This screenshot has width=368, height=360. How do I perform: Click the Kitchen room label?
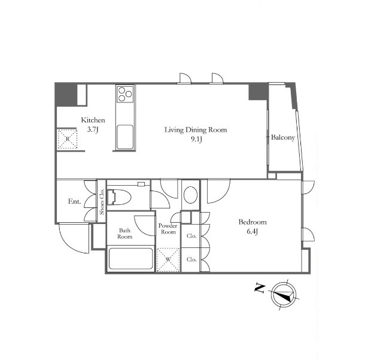[93, 120]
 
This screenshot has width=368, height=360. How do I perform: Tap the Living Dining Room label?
[196, 130]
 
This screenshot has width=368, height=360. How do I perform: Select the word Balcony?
[283, 137]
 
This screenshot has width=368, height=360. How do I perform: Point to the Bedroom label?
[253, 222]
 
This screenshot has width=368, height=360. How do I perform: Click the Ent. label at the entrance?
[74, 201]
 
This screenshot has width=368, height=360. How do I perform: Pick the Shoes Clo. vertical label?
[102, 202]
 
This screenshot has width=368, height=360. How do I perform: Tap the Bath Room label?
[125, 234]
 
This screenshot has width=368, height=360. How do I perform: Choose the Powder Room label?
[168, 229]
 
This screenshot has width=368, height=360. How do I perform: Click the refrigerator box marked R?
[68, 138]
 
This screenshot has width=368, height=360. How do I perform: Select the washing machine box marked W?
[168, 259]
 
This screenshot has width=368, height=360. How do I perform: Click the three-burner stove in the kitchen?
[125, 94]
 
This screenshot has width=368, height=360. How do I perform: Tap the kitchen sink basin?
[125, 137]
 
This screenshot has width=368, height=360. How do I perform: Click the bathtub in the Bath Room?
[131, 259]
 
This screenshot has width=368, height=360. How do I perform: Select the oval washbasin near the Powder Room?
[190, 195]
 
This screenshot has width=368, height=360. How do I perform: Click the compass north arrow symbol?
[284, 295]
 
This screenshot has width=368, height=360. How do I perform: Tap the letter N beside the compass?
[260, 288]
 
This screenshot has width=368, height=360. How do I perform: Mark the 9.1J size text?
[196, 140]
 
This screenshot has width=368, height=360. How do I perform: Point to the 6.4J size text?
[253, 232]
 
